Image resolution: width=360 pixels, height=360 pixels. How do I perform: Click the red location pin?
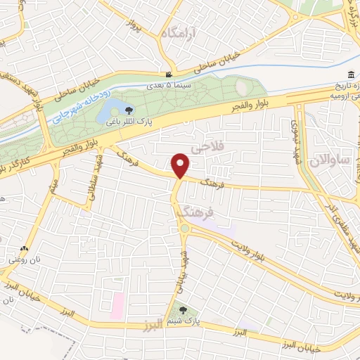(x=181, y=165)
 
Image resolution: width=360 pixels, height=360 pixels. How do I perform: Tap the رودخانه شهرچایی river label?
(x=79, y=106)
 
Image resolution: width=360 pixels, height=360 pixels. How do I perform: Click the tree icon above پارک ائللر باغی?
(x=129, y=109)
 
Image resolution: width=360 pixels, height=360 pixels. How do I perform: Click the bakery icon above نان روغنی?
(x=25, y=248)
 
